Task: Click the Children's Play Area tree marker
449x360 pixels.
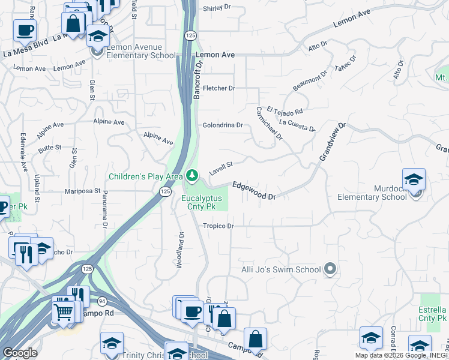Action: click(x=192, y=176)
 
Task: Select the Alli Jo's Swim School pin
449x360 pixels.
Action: click(x=330, y=269)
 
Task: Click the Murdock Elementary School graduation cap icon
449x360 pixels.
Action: click(x=414, y=180)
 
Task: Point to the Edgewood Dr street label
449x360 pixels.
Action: click(x=254, y=191)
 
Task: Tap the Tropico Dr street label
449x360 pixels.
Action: click(x=217, y=226)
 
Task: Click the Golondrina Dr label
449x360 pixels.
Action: click(x=222, y=125)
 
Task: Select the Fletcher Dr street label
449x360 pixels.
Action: click(x=218, y=88)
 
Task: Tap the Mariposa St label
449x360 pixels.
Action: click(x=83, y=191)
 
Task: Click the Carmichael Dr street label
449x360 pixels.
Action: click(x=269, y=124)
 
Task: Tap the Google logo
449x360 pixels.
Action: click(x=20, y=353)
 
